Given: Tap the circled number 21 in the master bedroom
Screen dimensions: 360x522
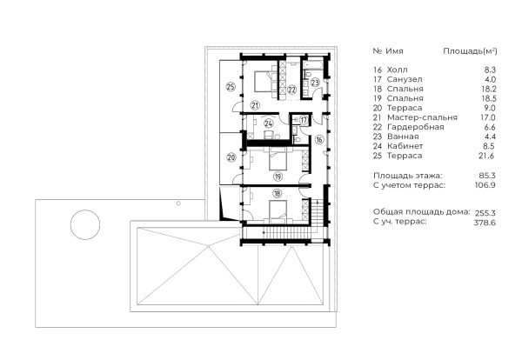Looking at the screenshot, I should tap(255, 105).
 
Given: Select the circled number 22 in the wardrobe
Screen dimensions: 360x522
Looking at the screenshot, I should tap(292, 89).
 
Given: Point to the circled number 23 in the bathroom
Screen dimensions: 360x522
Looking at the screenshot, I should tap(315, 83).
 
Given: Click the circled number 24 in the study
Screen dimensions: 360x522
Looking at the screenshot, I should tap(269, 124).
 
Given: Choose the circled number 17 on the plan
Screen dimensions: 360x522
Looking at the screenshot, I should tap(304, 119).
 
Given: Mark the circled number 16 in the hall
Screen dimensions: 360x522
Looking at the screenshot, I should tap(319, 139).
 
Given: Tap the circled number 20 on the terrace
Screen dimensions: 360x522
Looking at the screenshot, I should tap(231, 157).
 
